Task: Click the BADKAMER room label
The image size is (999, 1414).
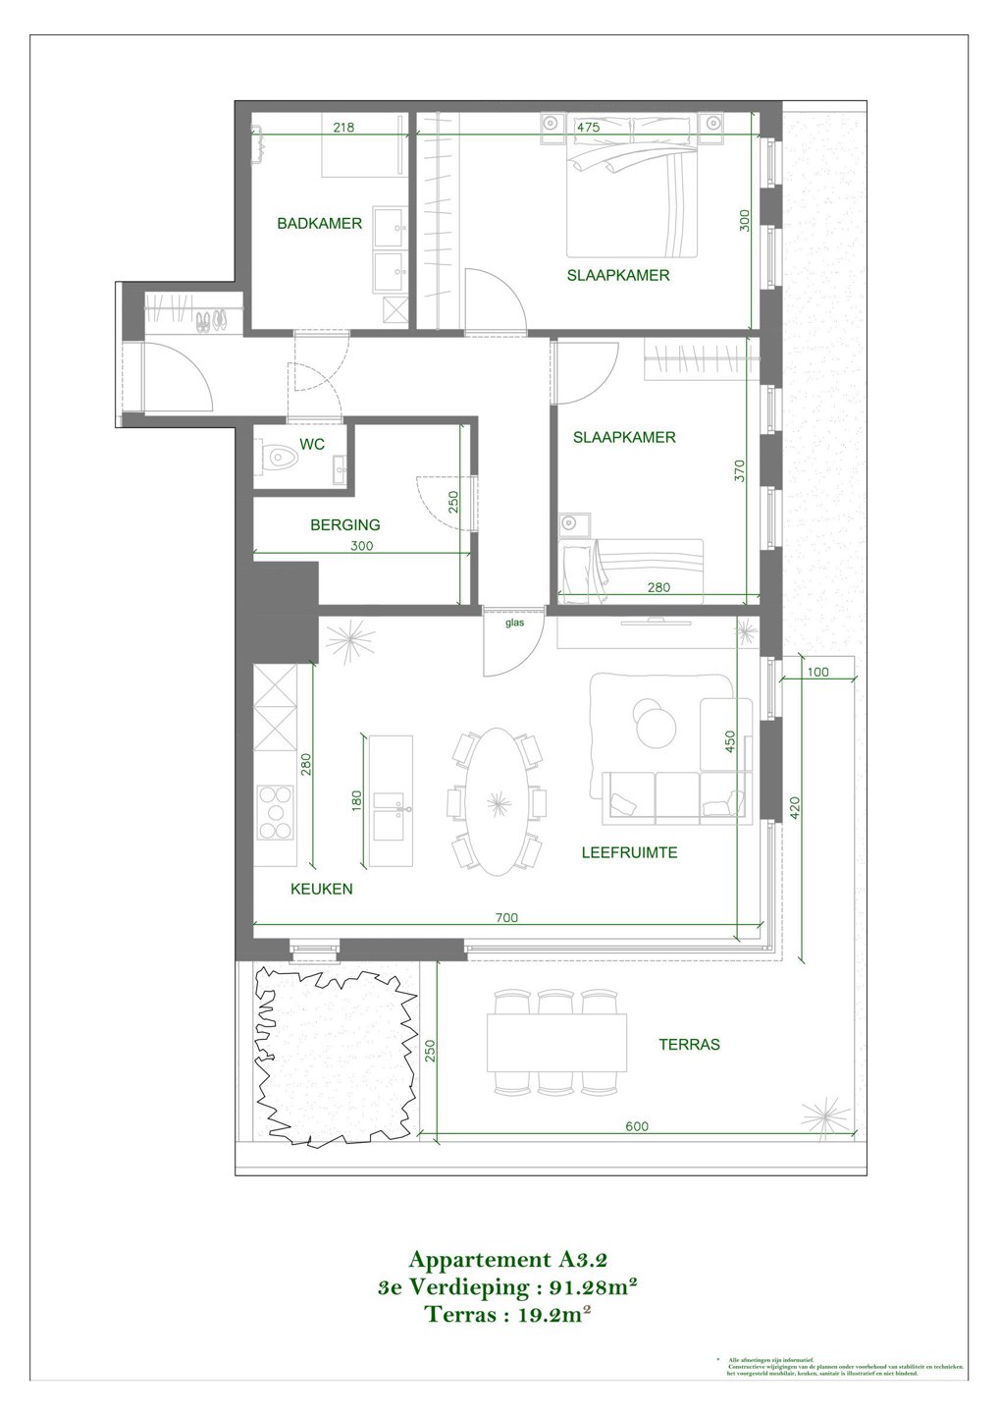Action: click(x=319, y=224)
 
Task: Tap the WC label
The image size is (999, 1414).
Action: click(x=312, y=445)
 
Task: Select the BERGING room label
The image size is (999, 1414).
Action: click(x=344, y=525)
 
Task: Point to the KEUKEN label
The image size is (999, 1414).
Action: click(x=321, y=890)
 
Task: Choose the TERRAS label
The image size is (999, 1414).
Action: click(x=689, y=1045)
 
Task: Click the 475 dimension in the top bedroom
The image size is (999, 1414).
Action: click(x=588, y=128)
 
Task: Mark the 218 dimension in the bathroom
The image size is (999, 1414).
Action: click(x=343, y=128)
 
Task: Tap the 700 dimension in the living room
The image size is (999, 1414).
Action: click(x=506, y=918)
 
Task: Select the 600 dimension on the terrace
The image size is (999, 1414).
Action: click(x=637, y=1126)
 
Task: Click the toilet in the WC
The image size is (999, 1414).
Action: click(x=281, y=459)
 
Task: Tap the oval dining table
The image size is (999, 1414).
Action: click(x=499, y=800)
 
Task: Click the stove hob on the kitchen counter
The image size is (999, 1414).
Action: click(x=276, y=812)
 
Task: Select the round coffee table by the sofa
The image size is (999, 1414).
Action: click(x=652, y=723)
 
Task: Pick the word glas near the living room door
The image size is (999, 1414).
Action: click(x=514, y=623)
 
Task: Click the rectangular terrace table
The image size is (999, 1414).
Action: click(x=556, y=1042)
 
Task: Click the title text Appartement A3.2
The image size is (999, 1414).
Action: click(x=514, y=1260)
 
